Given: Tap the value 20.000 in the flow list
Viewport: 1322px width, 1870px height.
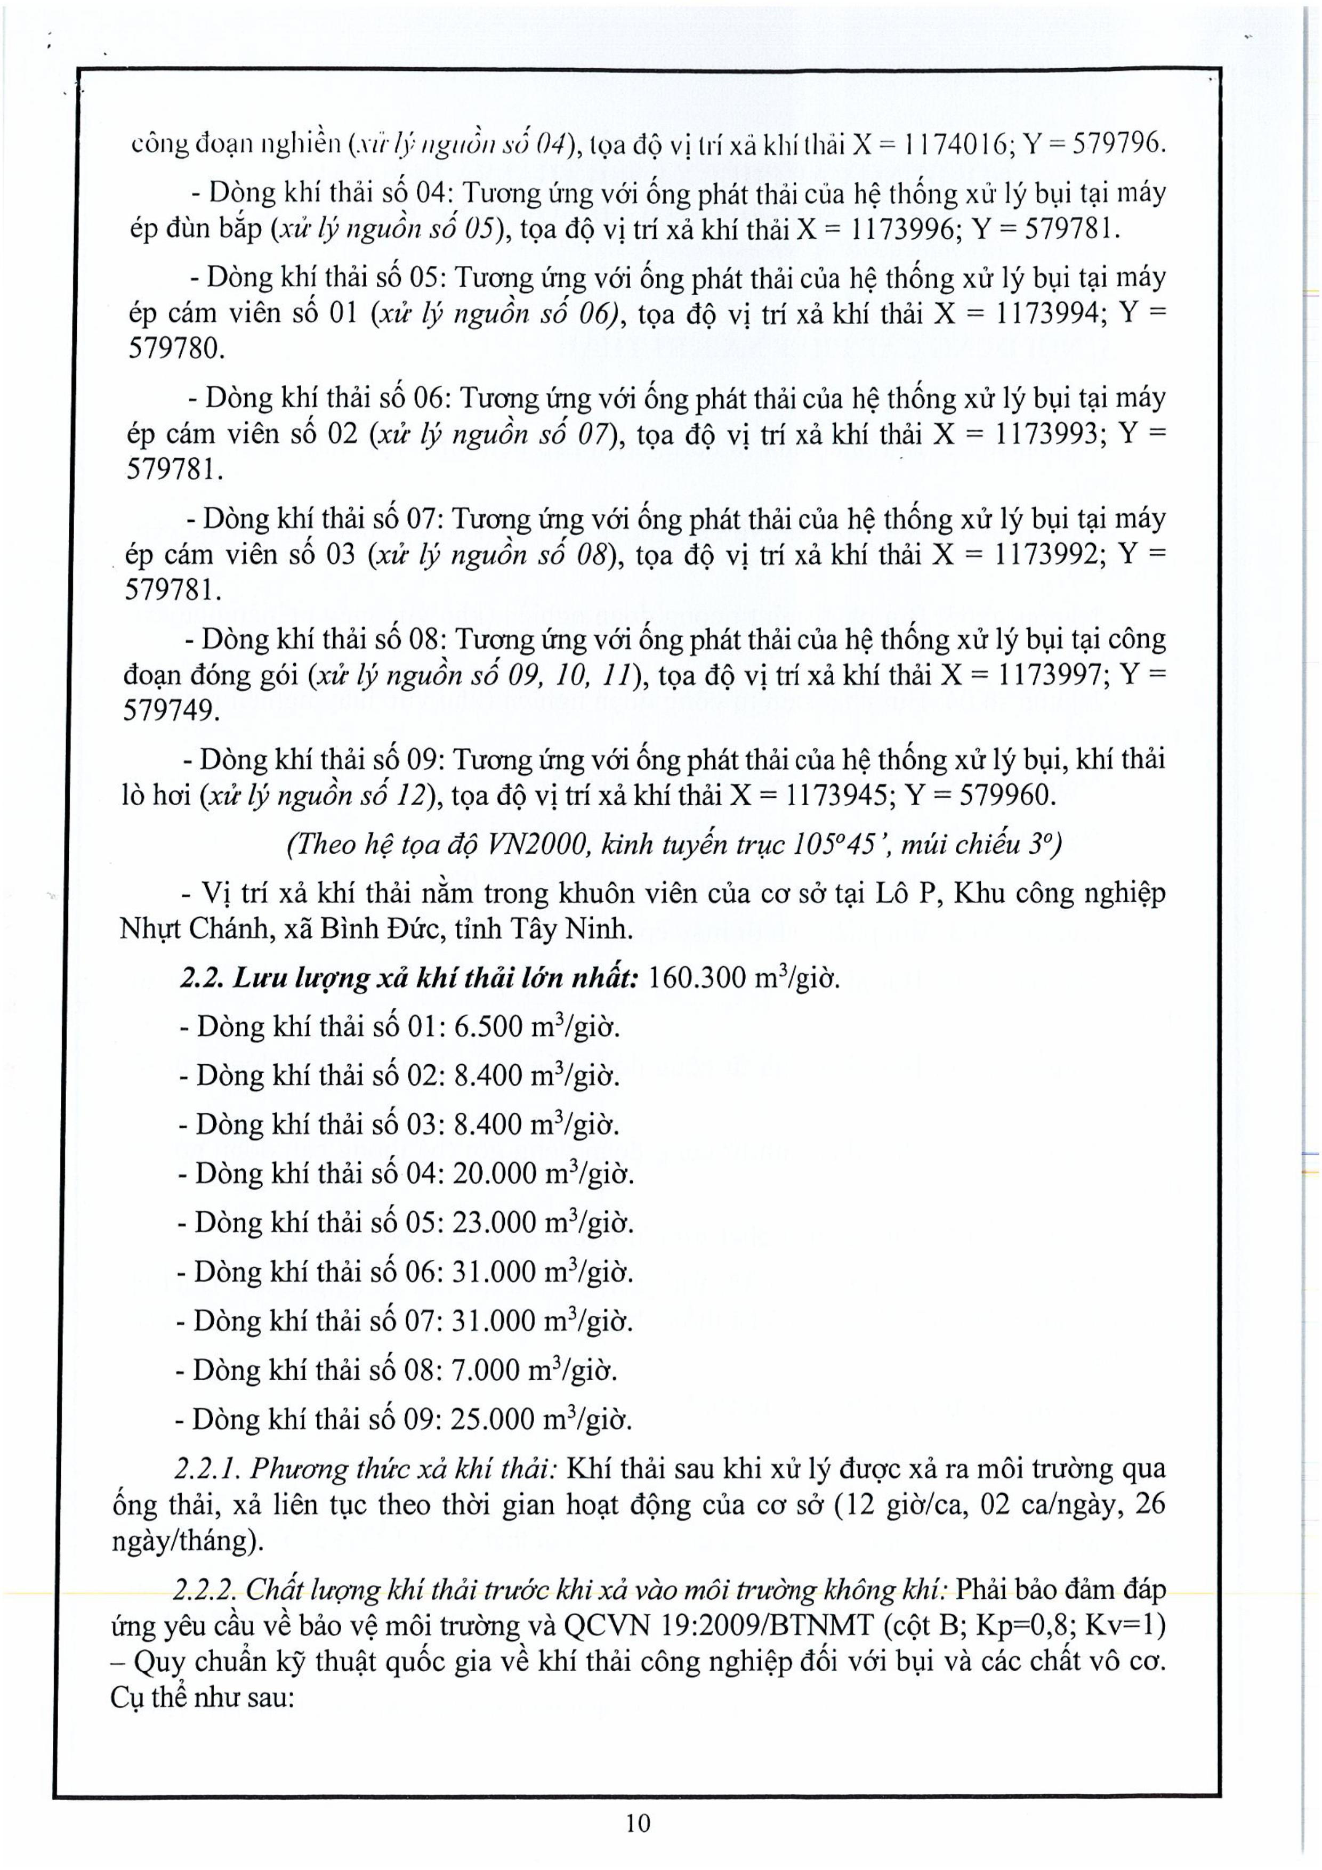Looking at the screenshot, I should (495, 1173).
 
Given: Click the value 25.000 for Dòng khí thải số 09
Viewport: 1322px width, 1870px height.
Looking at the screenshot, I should (494, 1420).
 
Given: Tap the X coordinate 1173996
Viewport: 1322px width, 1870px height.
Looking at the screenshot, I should (902, 230).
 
